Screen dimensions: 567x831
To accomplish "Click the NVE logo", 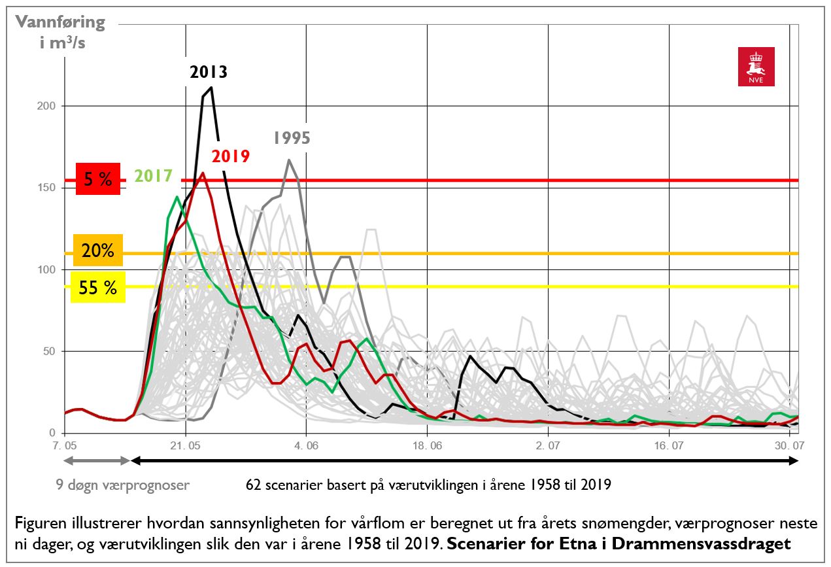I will [x=756, y=66].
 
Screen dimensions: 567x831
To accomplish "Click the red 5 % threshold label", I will [x=97, y=179].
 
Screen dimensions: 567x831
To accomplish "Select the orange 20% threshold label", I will [x=97, y=250].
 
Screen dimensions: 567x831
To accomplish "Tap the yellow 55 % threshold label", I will [x=97, y=287].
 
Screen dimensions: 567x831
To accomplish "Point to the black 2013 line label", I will [x=209, y=71].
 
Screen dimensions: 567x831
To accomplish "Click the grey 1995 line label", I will [x=292, y=138].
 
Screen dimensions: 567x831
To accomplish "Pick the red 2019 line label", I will [x=230, y=156].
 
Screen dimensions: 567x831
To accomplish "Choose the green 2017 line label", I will [x=154, y=176].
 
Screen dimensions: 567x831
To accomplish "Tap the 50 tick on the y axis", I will [x=50, y=351].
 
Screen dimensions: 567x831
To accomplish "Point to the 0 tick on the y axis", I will [x=53, y=433].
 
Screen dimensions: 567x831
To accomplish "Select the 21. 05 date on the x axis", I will [x=186, y=447].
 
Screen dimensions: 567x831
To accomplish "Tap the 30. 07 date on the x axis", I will [x=789, y=447].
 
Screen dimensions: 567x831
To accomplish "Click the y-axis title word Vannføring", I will [x=60, y=22].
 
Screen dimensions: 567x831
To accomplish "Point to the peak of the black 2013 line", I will [x=211, y=87].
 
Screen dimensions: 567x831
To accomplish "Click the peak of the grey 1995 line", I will [x=289, y=160].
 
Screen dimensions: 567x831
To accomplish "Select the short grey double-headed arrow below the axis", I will [x=97, y=461].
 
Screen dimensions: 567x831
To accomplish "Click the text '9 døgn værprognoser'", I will [x=122, y=485].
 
